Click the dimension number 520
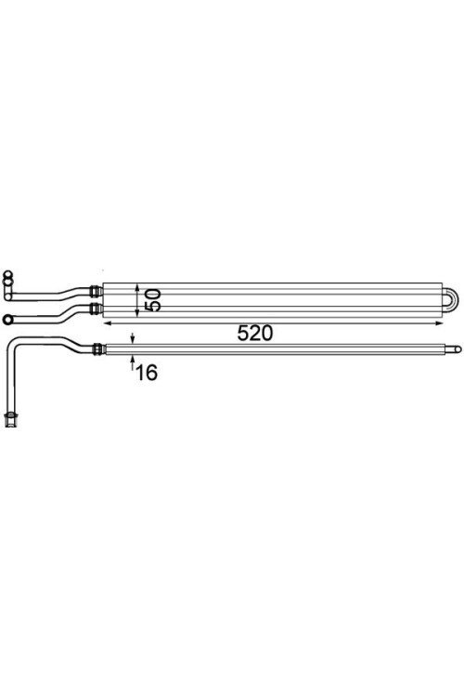click(255, 334)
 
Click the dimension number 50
click(152, 300)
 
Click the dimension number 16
click(147, 373)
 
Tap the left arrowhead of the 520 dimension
click(107, 323)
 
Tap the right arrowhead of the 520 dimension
click(439, 323)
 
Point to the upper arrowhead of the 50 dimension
click(137, 287)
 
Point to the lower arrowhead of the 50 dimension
click(137, 313)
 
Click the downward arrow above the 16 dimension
click(133, 338)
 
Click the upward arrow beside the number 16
click(133, 362)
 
